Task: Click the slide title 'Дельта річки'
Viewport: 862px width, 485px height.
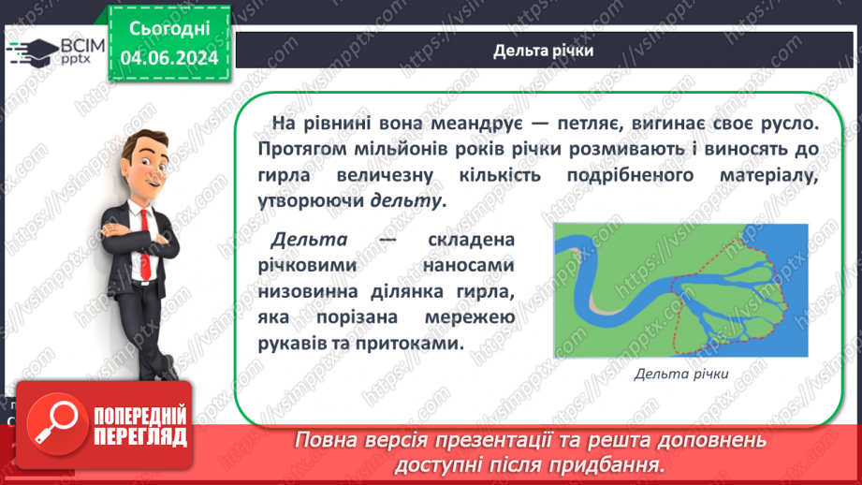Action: point(543,51)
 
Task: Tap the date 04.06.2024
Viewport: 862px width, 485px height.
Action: point(169,58)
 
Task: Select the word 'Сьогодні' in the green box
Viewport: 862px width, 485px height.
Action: point(169,29)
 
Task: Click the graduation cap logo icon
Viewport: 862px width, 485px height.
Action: point(32,51)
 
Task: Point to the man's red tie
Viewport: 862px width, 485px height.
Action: point(144,243)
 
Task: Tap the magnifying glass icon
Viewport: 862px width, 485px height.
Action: point(56,424)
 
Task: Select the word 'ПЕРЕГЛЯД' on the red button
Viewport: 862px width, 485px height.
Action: point(140,437)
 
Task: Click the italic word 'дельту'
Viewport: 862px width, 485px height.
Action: point(405,200)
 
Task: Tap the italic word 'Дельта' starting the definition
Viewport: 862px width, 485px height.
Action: point(309,240)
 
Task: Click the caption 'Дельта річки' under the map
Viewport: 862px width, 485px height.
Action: point(681,374)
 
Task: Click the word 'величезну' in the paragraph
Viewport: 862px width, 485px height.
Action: point(385,175)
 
